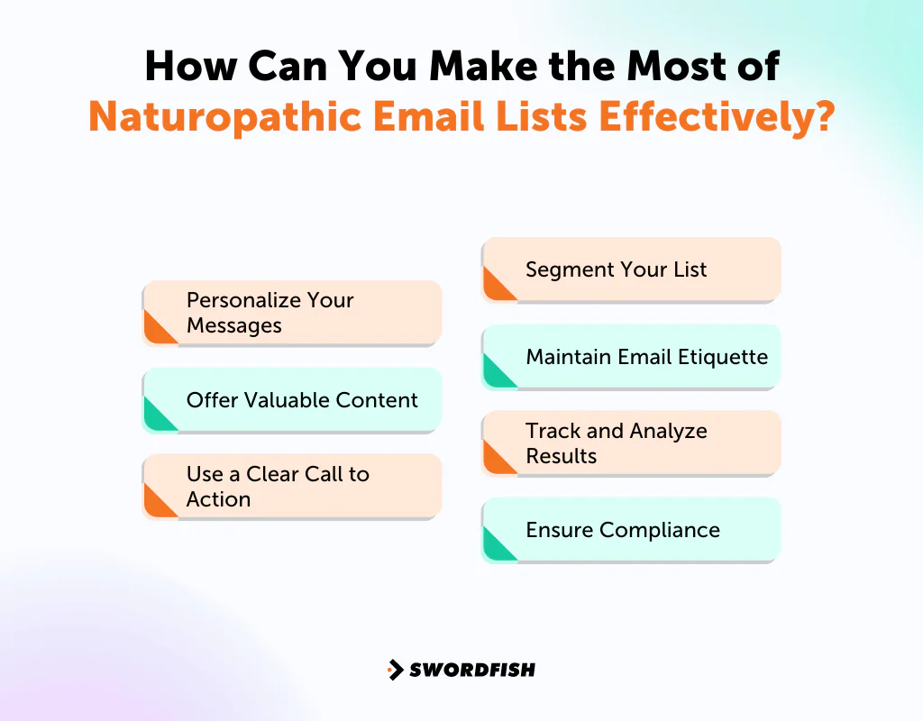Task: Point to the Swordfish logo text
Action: tap(472, 670)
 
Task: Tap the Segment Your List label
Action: tap(617, 269)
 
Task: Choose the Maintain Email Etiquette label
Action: tap(647, 356)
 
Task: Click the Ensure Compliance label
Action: tap(623, 529)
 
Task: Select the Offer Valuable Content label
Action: tap(302, 399)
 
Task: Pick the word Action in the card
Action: tap(218, 499)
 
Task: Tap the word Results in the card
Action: tap(561, 456)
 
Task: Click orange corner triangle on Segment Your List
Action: tap(495, 287)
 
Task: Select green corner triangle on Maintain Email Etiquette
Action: tap(495, 373)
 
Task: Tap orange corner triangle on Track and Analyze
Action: tap(495, 460)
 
